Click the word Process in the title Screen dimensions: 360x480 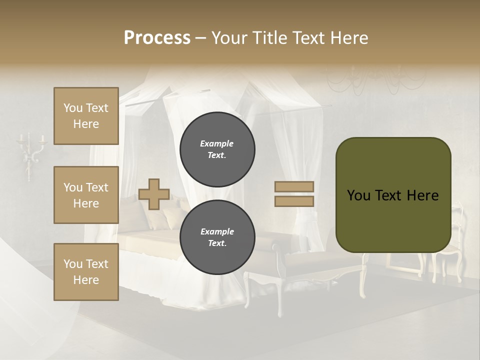[157, 38]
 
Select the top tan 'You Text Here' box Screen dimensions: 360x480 [86, 116]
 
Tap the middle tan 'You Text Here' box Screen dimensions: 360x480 [86, 195]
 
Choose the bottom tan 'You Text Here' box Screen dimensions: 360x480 [86, 272]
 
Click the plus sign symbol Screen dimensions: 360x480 [154, 194]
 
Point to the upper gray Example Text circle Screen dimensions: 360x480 [217, 149]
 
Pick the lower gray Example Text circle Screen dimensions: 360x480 [217, 237]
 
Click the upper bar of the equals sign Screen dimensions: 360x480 [294, 186]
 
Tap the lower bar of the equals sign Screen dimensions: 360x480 [294, 201]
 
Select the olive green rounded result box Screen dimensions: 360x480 [393, 195]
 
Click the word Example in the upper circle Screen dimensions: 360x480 [217, 143]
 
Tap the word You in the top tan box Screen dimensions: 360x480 [72, 108]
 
